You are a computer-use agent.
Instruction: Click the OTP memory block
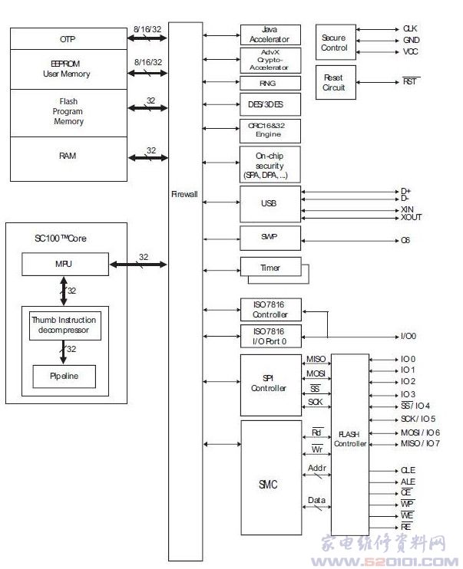click(68, 38)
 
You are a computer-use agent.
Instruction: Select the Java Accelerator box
click(270, 35)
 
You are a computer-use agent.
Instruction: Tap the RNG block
click(270, 84)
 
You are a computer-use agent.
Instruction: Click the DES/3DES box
click(270, 104)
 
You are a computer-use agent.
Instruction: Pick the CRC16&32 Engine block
click(270, 130)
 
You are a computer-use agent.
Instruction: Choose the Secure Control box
click(334, 42)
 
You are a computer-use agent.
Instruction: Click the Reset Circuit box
click(334, 83)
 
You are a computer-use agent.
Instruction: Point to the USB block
click(270, 203)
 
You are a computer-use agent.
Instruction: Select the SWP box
click(270, 238)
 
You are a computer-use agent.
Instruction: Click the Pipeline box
click(64, 377)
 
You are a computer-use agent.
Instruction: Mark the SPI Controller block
click(270, 383)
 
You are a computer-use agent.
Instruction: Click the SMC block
click(270, 485)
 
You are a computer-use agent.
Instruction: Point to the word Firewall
click(184, 195)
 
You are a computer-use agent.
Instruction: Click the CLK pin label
click(411, 28)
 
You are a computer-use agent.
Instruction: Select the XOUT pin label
click(412, 217)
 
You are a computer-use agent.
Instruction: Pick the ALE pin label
click(408, 482)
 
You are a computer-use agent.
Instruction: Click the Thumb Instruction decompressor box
click(64, 325)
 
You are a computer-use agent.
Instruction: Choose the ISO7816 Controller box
click(270, 310)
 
